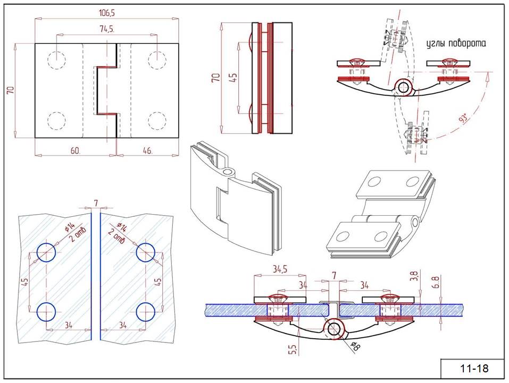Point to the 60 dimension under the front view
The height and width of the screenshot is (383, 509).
[75, 151]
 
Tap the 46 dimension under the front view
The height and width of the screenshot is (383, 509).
[147, 151]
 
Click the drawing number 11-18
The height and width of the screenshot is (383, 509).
[473, 368]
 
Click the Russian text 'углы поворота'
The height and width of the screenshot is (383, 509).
[456, 44]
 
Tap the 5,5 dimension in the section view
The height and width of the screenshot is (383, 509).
[291, 349]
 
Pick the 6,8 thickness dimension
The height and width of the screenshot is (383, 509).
[436, 281]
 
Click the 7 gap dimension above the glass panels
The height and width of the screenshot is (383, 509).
[96, 203]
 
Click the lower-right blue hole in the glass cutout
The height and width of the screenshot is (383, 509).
[145, 312]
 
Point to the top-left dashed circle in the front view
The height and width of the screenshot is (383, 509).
[57, 60]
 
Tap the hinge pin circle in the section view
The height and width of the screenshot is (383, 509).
[334, 329]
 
